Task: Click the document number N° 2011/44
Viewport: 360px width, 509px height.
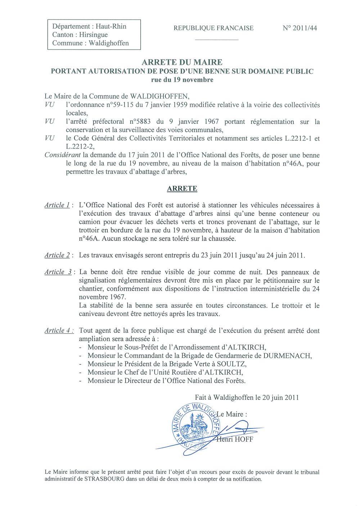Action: point(300,28)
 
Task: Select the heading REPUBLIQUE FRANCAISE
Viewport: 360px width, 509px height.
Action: point(213,28)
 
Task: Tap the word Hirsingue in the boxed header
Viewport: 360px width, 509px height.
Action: point(93,35)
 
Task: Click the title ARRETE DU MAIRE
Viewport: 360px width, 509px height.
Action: point(182,62)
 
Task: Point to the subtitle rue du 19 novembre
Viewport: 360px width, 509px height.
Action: point(182,80)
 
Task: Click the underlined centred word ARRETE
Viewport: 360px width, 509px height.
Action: point(182,188)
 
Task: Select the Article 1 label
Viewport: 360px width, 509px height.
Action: point(57,205)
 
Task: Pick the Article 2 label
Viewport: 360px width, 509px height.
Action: point(57,255)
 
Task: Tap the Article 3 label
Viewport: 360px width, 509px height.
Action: point(58,272)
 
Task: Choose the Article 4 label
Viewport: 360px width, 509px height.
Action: point(58,330)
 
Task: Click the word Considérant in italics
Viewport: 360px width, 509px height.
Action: point(63,155)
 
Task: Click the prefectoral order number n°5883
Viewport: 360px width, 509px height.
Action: point(141,122)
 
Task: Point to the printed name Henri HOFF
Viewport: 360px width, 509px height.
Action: point(235,439)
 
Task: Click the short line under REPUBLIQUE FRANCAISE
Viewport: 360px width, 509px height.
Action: point(216,39)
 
